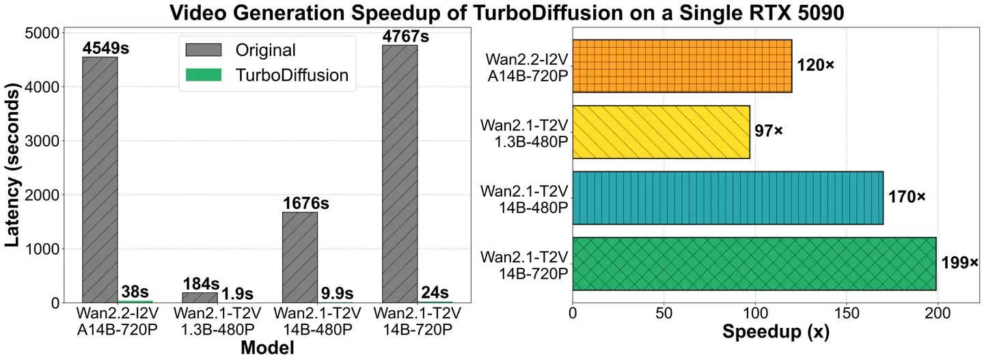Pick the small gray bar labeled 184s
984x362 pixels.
[x=200, y=297]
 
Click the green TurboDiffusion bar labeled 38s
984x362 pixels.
[x=135, y=301]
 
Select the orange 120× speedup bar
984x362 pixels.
[x=682, y=66]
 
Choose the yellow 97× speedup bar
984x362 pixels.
[x=661, y=132]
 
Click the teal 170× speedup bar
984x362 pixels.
[x=728, y=197]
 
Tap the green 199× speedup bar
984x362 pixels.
[x=754, y=264]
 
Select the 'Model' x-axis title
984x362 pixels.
[x=268, y=348]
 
